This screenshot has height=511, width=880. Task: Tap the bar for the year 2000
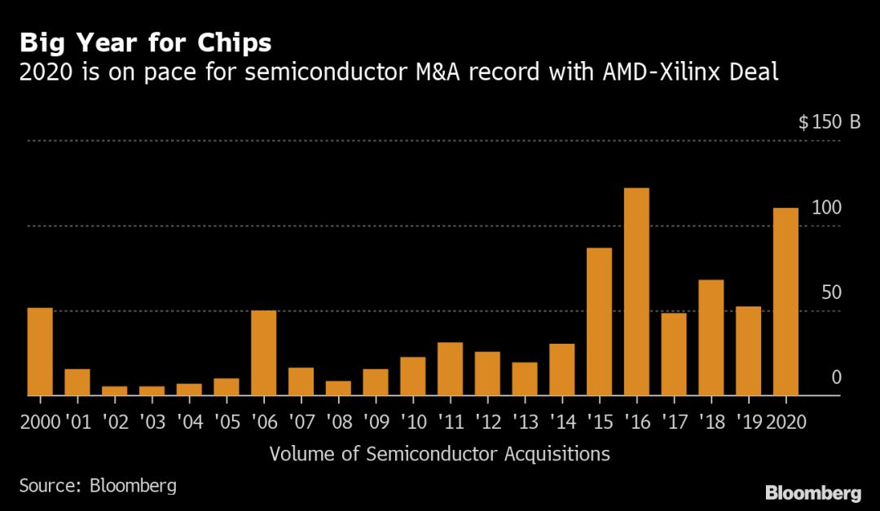tap(40, 351)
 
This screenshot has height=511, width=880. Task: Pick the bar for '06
tap(263, 353)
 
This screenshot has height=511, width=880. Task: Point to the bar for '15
tap(599, 321)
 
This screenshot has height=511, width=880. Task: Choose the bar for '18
tap(711, 337)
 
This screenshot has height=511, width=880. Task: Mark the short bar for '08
tap(338, 388)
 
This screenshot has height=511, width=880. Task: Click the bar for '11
tap(450, 368)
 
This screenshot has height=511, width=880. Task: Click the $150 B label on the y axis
tap(829, 123)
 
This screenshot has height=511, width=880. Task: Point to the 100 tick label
tap(826, 208)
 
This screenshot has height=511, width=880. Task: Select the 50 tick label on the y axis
tap(831, 293)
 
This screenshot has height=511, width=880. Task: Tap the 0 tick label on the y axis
tap(836, 377)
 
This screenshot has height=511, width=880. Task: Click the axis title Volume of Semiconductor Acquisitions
tap(439, 454)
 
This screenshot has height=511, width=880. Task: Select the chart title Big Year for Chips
tap(146, 42)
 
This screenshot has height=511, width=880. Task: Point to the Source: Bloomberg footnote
tap(98, 486)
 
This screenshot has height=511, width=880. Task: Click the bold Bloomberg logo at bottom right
tap(812, 492)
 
